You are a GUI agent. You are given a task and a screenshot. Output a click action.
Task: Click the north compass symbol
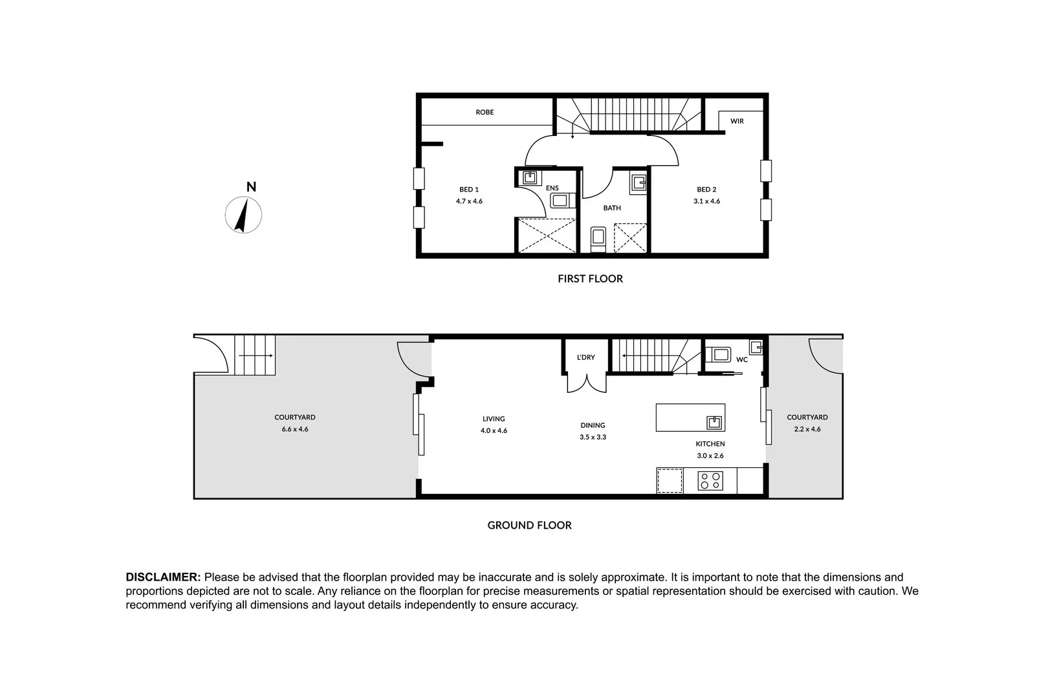243,214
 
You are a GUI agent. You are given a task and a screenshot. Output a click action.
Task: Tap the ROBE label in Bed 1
485,112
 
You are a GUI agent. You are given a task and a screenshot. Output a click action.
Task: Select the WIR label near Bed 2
737,121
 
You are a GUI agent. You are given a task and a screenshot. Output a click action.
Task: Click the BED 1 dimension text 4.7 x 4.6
469,201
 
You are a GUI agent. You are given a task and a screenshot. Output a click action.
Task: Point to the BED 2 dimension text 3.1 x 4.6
706,201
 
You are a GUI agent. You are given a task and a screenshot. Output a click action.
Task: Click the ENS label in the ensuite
552,188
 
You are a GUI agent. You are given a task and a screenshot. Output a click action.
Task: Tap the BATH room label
612,208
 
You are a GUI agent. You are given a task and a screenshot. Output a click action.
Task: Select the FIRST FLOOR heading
590,279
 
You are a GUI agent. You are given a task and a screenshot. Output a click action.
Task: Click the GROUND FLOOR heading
529,526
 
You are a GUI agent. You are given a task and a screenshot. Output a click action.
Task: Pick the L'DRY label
586,357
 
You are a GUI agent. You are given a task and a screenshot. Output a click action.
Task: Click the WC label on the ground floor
742,359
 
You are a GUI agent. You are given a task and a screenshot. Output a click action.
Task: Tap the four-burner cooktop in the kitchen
710,481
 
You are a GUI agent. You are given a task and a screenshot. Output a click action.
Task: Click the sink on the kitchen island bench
714,423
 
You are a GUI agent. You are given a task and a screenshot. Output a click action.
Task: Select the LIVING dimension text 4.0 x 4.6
494,430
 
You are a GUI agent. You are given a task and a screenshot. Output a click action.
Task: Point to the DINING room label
593,425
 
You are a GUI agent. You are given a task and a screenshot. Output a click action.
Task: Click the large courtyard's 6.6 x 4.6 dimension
295,429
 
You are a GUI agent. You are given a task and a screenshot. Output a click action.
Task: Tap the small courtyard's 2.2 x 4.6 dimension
807,429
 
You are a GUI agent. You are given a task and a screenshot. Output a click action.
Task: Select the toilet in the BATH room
598,238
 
